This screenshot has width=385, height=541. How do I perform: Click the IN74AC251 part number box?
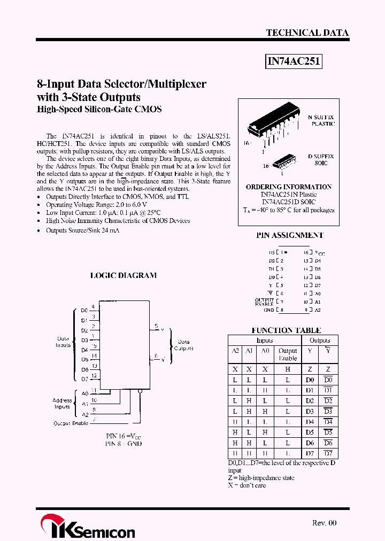(294, 61)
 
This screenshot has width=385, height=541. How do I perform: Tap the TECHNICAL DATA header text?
(307, 33)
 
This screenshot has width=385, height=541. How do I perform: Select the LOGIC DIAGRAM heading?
(123, 276)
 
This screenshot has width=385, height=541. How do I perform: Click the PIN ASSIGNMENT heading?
(289, 235)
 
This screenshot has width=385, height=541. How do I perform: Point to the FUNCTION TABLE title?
(286, 330)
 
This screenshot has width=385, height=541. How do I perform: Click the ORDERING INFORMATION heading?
(289, 187)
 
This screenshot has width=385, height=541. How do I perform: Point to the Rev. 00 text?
(325, 523)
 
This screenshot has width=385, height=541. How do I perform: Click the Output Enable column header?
(288, 354)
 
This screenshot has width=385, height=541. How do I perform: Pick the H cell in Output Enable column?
(288, 369)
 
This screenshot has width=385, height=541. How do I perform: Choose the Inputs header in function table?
(265, 341)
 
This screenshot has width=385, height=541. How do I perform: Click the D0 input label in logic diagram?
(84, 311)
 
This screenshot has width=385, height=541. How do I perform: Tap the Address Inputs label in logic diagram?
(62, 404)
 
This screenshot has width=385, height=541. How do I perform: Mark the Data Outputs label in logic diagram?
(183, 345)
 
